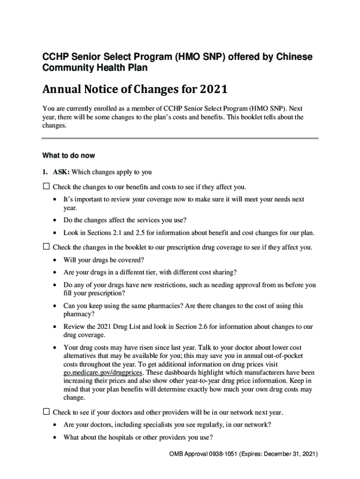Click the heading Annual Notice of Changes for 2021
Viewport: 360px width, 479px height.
(x=135, y=89)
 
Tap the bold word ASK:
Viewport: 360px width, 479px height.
(x=60, y=172)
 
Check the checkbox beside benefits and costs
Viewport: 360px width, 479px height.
(x=46, y=187)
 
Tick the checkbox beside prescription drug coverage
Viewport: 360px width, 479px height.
(x=46, y=247)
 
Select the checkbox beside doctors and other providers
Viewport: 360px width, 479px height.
(x=46, y=412)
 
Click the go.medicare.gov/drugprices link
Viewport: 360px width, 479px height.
(x=103, y=372)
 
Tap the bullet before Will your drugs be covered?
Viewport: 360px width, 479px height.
(x=55, y=260)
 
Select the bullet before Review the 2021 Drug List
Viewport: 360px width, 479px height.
(x=55, y=327)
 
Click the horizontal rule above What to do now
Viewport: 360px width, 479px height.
(x=180, y=138)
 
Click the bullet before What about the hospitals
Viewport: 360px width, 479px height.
(x=55, y=437)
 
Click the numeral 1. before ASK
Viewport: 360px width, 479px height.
(x=45, y=172)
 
